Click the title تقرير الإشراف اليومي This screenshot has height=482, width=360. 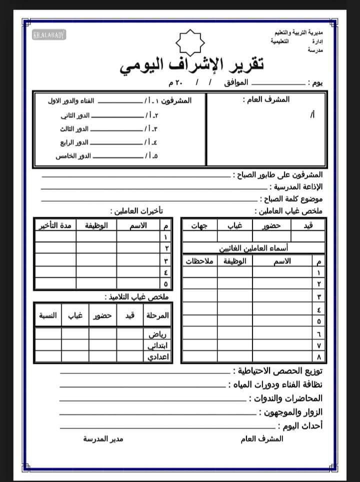click(x=192, y=67)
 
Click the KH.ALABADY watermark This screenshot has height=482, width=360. click(x=49, y=35)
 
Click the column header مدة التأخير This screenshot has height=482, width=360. click(x=55, y=226)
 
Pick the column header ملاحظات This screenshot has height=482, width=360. click(x=199, y=261)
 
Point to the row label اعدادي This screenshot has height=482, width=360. click(x=160, y=357)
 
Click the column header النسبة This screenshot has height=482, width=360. click(x=48, y=316)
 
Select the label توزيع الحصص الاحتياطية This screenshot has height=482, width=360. click(x=279, y=371)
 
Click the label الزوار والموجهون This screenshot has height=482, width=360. click(x=290, y=412)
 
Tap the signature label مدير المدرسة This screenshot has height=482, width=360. click(x=103, y=439)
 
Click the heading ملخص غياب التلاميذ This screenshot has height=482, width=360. click(x=137, y=297)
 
